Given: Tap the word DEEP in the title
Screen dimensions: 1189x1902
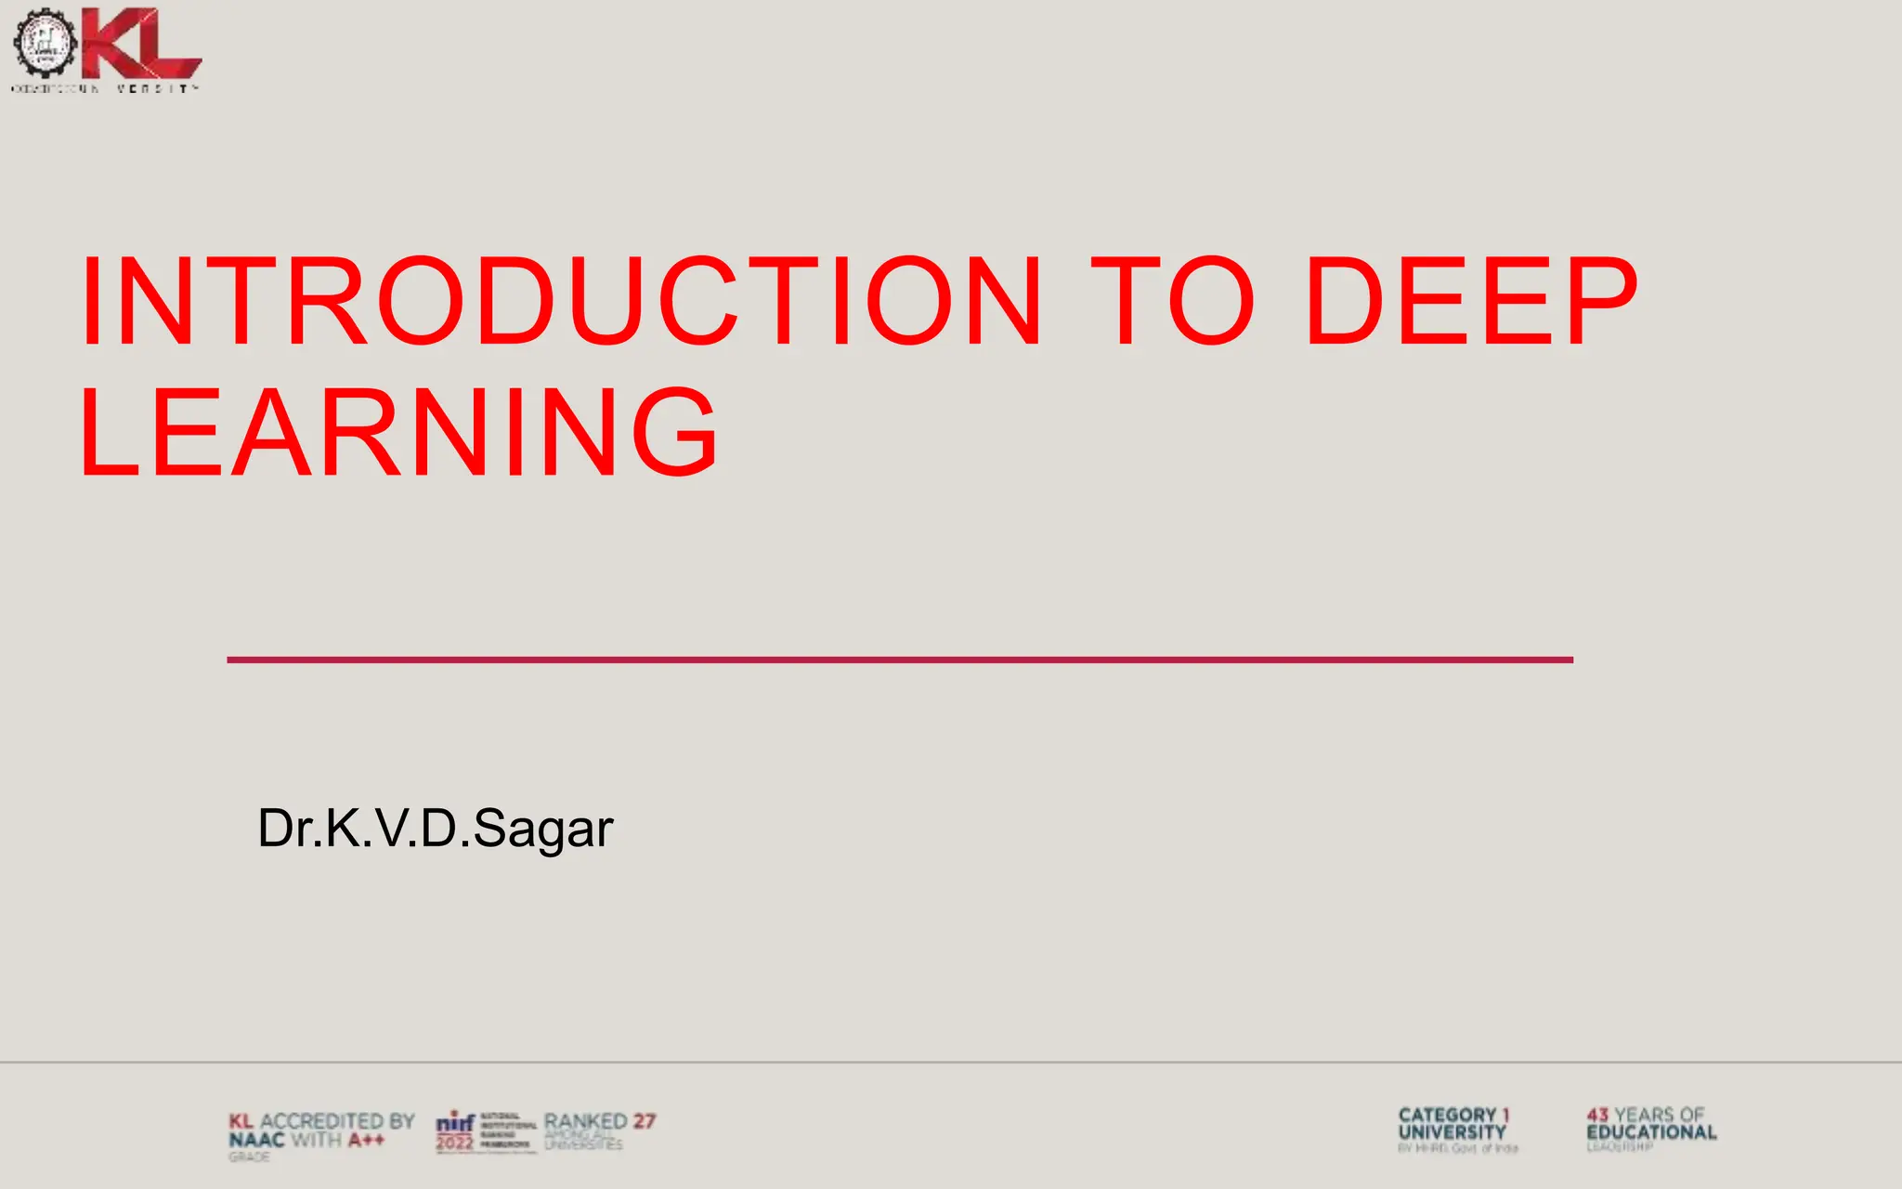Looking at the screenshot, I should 1472,302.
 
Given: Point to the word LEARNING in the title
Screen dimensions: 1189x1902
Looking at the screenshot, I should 399,433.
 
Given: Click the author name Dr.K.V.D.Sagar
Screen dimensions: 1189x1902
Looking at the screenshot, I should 435,828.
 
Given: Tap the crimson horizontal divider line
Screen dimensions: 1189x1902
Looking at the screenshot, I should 899,660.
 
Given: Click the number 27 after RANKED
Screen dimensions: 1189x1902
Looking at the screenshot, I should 645,1121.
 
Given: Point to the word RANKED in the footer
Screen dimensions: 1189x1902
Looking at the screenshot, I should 586,1121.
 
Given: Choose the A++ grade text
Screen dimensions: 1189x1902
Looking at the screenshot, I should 366,1140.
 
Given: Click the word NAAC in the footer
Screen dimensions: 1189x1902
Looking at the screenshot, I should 256,1140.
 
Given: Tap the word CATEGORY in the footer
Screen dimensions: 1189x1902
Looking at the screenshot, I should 1447,1115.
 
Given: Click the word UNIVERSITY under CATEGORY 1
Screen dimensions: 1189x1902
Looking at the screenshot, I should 1452,1132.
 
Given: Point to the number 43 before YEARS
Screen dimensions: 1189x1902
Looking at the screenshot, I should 1597,1115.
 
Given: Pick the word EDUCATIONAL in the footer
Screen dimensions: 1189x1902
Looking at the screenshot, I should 1651,1132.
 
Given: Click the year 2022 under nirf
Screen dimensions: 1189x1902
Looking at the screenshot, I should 455,1143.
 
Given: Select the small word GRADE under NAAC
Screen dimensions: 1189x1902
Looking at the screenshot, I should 249,1157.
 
